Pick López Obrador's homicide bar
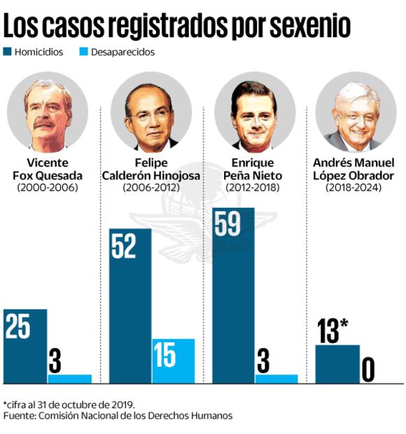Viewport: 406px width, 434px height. (337, 364)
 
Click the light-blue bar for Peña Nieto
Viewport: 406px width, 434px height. (276, 379)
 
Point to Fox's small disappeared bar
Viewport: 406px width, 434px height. (69, 379)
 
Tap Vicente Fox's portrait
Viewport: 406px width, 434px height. (47, 112)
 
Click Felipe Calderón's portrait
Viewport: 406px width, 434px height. (150, 112)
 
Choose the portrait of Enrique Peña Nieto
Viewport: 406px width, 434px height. (254, 112)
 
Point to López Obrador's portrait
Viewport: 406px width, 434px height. (356, 112)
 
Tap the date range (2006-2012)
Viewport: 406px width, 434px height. (150, 188)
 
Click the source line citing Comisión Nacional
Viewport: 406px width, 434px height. (118, 416)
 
